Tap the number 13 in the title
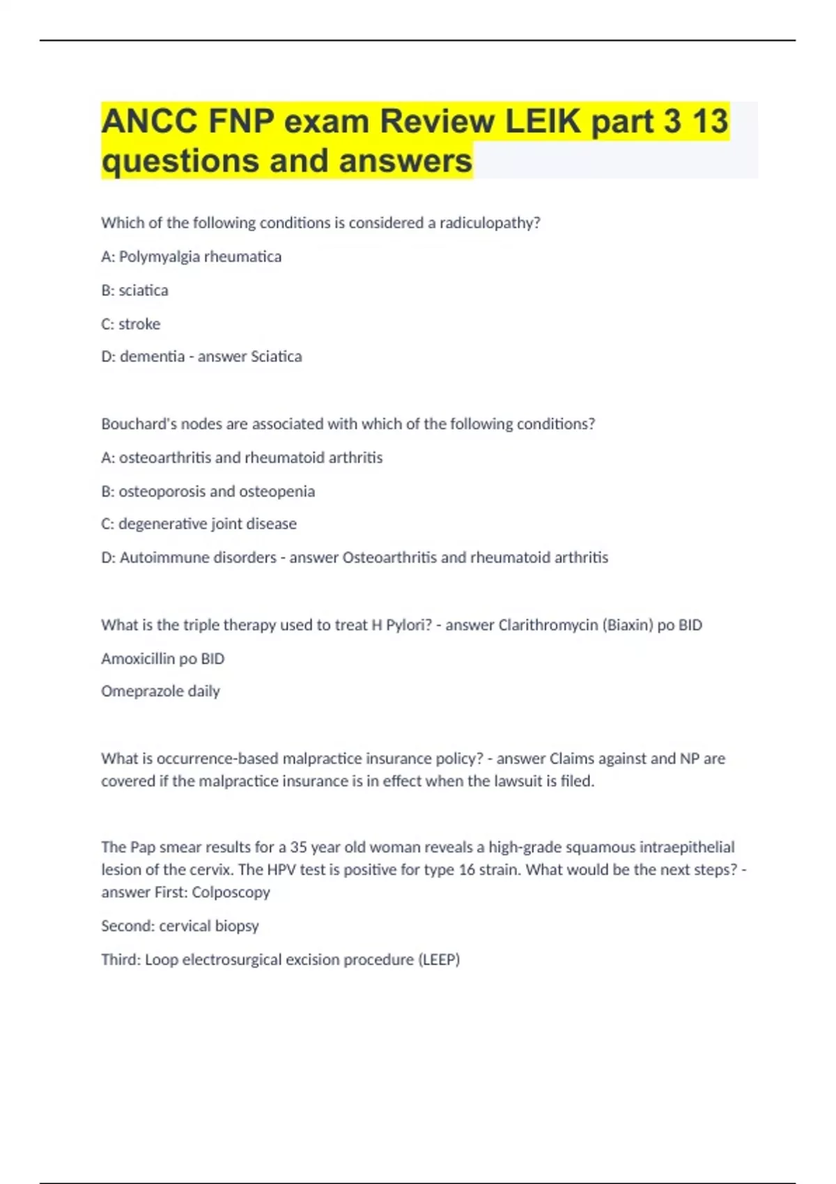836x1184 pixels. tap(710, 122)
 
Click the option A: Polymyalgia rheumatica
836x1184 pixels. tap(192, 256)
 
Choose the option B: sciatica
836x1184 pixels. tap(135, 290)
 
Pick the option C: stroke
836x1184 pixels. tap(131, 324)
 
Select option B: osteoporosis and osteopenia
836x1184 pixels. tap(208, 492)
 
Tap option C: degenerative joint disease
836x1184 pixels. tap(199, 524)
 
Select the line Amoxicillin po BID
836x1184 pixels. tap(163, 659)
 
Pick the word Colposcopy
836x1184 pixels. tap(231, 892)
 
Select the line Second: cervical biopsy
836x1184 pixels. tap(180, 926)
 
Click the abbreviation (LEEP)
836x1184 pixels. tap(439, 960)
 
